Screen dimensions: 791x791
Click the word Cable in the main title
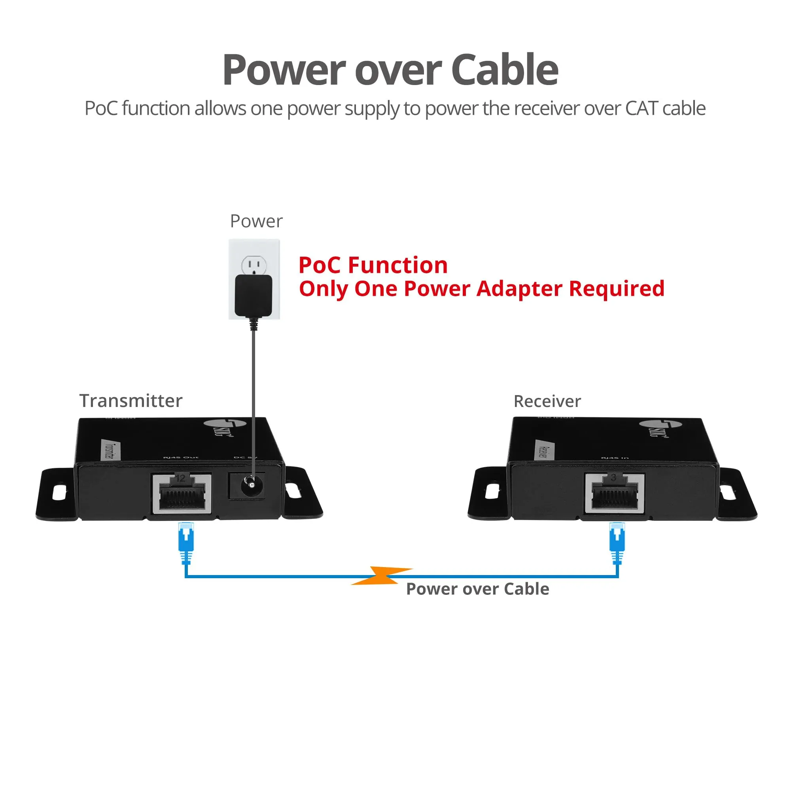pyautogui.click(x=504, y=70)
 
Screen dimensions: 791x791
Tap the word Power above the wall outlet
pyautogui.click(x=256, y=221)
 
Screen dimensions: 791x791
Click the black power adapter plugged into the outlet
pyautogui.click(x=254, y=295)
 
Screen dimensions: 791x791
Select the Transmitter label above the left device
pyautogui.click(x=131, y=400)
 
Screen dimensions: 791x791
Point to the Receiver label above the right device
pyautogui.click(x=547, y=401)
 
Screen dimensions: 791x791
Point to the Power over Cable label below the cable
pyautogui.click(x=477, y=589)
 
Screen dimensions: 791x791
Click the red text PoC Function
pyautogui.click(x=373, y=265)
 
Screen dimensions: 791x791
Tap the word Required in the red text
pyautogui.click(x=617, y=289)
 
